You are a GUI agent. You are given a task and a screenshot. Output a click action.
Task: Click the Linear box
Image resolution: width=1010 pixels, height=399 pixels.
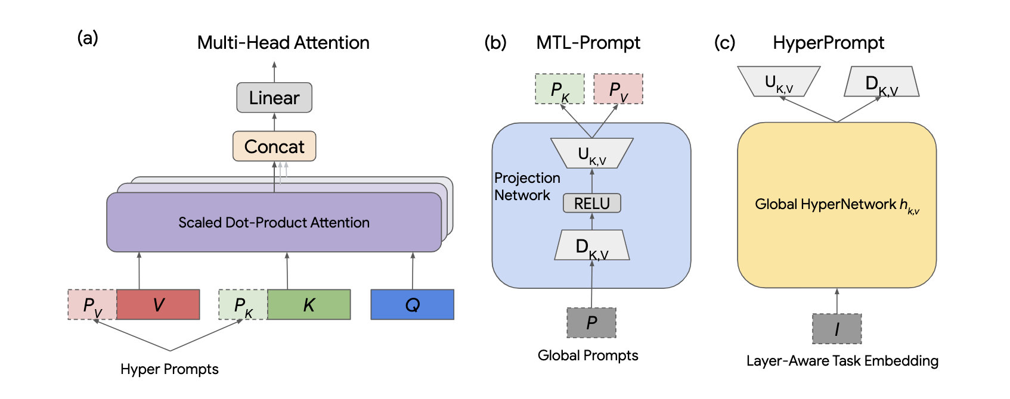[x=274, y=97]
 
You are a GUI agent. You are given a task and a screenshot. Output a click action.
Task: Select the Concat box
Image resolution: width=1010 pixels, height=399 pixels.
[x=274, y=146]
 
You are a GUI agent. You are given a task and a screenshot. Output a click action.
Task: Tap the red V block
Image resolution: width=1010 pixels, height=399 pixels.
[x=158, y=304]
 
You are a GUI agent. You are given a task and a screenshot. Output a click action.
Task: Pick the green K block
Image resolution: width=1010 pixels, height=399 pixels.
[x=309, y=304]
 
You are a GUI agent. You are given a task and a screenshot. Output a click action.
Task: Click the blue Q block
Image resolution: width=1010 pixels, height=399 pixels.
[x=412, y=304]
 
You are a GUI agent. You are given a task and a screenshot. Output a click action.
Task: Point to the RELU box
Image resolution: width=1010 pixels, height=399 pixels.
[x=591, y=203]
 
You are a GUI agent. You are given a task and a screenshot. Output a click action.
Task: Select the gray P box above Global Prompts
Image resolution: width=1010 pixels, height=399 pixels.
[x=591, y=322]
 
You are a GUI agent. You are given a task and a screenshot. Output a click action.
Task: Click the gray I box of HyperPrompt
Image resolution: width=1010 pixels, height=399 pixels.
[x=837, y=329]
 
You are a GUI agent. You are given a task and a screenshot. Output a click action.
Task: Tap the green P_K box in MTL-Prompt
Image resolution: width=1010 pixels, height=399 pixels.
[x=560, y=89]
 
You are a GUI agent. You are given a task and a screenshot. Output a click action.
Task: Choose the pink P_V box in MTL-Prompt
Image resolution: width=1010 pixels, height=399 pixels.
[x=618, y=89]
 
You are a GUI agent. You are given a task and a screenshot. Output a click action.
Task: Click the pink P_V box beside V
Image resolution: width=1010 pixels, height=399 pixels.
[x=92, y=304]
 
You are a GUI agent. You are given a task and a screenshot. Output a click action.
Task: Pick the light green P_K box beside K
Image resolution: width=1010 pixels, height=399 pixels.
[x=243, y=304]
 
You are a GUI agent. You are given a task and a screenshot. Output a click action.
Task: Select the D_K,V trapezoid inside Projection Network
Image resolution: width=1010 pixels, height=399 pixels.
[x=591, y=245]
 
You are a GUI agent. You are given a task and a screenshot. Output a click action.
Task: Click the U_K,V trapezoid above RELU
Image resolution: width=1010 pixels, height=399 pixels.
[x=591, y=153]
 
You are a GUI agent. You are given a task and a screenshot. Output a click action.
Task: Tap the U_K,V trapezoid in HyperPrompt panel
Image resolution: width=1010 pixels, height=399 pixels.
[x=779, y=82]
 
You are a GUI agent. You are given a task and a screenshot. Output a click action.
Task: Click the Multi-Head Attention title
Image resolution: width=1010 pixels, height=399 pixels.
[x=283, y=43]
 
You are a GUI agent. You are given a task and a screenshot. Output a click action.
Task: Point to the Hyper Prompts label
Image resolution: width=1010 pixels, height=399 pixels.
[x=169, y=369]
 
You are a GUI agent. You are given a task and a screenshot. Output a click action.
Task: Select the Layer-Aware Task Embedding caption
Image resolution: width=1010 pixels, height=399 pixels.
[x=842, y=361]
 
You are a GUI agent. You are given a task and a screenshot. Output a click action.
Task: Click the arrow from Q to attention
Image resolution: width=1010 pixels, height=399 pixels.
[x=413, y=270]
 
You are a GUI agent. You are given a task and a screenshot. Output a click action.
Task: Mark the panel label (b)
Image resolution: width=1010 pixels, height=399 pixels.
[x=495, y=42]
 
